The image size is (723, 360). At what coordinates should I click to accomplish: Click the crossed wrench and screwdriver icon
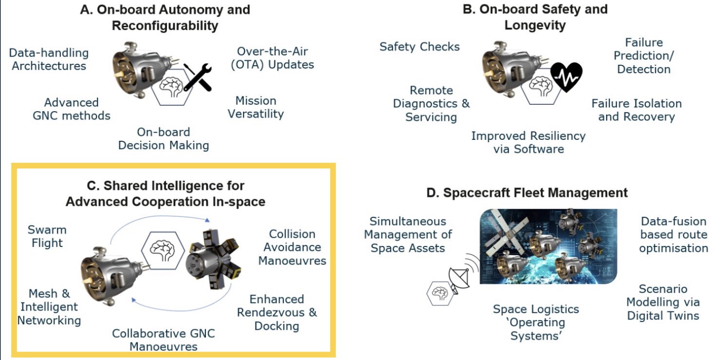[198, 77]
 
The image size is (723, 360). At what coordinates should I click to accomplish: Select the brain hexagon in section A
[172, 87]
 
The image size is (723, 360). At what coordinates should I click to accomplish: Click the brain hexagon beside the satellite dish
[440, 293]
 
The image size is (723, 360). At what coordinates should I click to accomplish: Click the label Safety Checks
[419, 47]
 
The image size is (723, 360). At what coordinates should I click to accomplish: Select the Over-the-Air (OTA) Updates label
[273, 58]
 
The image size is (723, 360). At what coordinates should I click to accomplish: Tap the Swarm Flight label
[47, 236]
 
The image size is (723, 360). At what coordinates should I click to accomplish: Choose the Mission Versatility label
[256, 107]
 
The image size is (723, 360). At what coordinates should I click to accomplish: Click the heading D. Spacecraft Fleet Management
[527, 193]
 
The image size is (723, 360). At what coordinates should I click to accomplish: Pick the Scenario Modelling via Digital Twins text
[663, 302]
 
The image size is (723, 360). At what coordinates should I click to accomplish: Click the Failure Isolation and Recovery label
[636, 110]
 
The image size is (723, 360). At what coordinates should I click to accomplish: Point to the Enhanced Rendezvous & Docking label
[277, 313]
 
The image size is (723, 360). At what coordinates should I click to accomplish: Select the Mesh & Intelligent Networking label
[49, 307]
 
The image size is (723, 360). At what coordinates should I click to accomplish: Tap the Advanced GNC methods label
[72, 109]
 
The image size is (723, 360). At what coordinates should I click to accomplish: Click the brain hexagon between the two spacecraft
[163, 250]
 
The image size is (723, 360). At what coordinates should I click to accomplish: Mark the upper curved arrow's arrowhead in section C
[207, 220]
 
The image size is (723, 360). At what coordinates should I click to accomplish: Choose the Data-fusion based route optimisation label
[674, 235]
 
